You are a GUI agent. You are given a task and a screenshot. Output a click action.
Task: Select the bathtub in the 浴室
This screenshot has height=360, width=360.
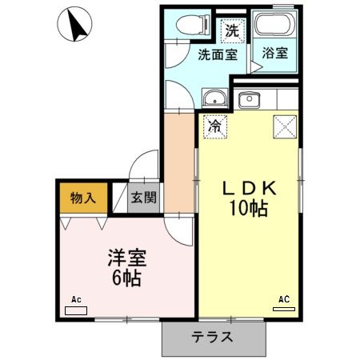pyautogui.click(x=275, y=26)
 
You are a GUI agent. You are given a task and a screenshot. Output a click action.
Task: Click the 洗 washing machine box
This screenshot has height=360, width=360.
pyautogui.click(x=232, y=31)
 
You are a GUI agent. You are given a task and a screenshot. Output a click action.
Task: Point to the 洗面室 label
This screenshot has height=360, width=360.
pyautogui.click(x=218, y=54)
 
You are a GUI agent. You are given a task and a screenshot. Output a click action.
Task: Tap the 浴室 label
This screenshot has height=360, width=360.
pyautogui.click(x=275, y=54)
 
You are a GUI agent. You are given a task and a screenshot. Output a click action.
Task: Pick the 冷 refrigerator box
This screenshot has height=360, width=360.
pyautogui.click(x=215, y=125)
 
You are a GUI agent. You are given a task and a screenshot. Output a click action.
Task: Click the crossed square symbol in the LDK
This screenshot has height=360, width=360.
pyautogui.click(x=285, y=126)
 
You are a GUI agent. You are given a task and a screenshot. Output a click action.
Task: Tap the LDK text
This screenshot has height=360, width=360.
pyautogui.click(x=248, y=189)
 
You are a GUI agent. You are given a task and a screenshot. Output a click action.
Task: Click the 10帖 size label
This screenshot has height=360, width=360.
pyautogui.click(x=248, y=210)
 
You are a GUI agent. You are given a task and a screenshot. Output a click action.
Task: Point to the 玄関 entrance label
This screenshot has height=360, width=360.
pyautogui.click(x=145, y=198)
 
